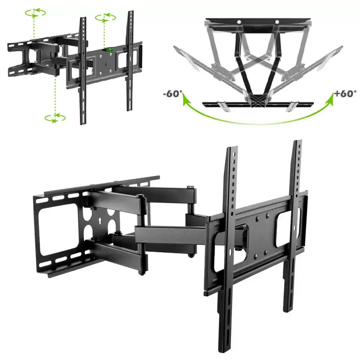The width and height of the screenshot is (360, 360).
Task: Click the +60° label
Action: point(345,94)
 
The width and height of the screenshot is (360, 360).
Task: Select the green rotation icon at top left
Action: point(35,13)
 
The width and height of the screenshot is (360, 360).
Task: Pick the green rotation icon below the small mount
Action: point(55,118)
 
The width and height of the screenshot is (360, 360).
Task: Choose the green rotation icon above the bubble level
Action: point(105,18)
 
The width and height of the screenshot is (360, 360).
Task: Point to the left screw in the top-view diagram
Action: point(239,22)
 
